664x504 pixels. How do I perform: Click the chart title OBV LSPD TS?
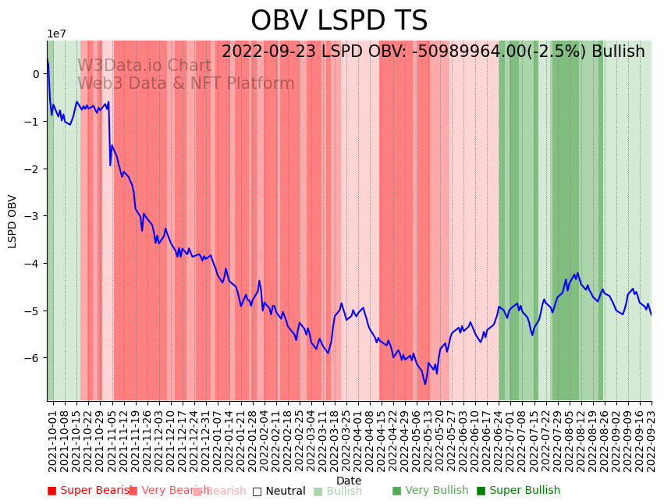[339, 21]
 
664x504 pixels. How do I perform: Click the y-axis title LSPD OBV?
[12, 222]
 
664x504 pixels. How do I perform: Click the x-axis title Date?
[349, 481]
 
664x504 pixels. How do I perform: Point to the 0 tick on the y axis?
[36, 74]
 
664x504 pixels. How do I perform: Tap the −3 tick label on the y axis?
[34, 216]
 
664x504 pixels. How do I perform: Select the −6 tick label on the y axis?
[34, 358]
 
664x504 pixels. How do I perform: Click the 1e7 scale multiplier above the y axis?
[56, 34]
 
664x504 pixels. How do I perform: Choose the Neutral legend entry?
[279, 491]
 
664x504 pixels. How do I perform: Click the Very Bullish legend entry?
[430, 491]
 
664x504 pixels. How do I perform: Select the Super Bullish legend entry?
[518, 491]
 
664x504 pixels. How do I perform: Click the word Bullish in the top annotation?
[618, 52]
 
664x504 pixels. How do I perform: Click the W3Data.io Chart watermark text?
[144, 66]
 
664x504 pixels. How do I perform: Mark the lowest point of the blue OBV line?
[425, 384]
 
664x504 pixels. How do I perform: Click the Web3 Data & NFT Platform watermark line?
[186, 83]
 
